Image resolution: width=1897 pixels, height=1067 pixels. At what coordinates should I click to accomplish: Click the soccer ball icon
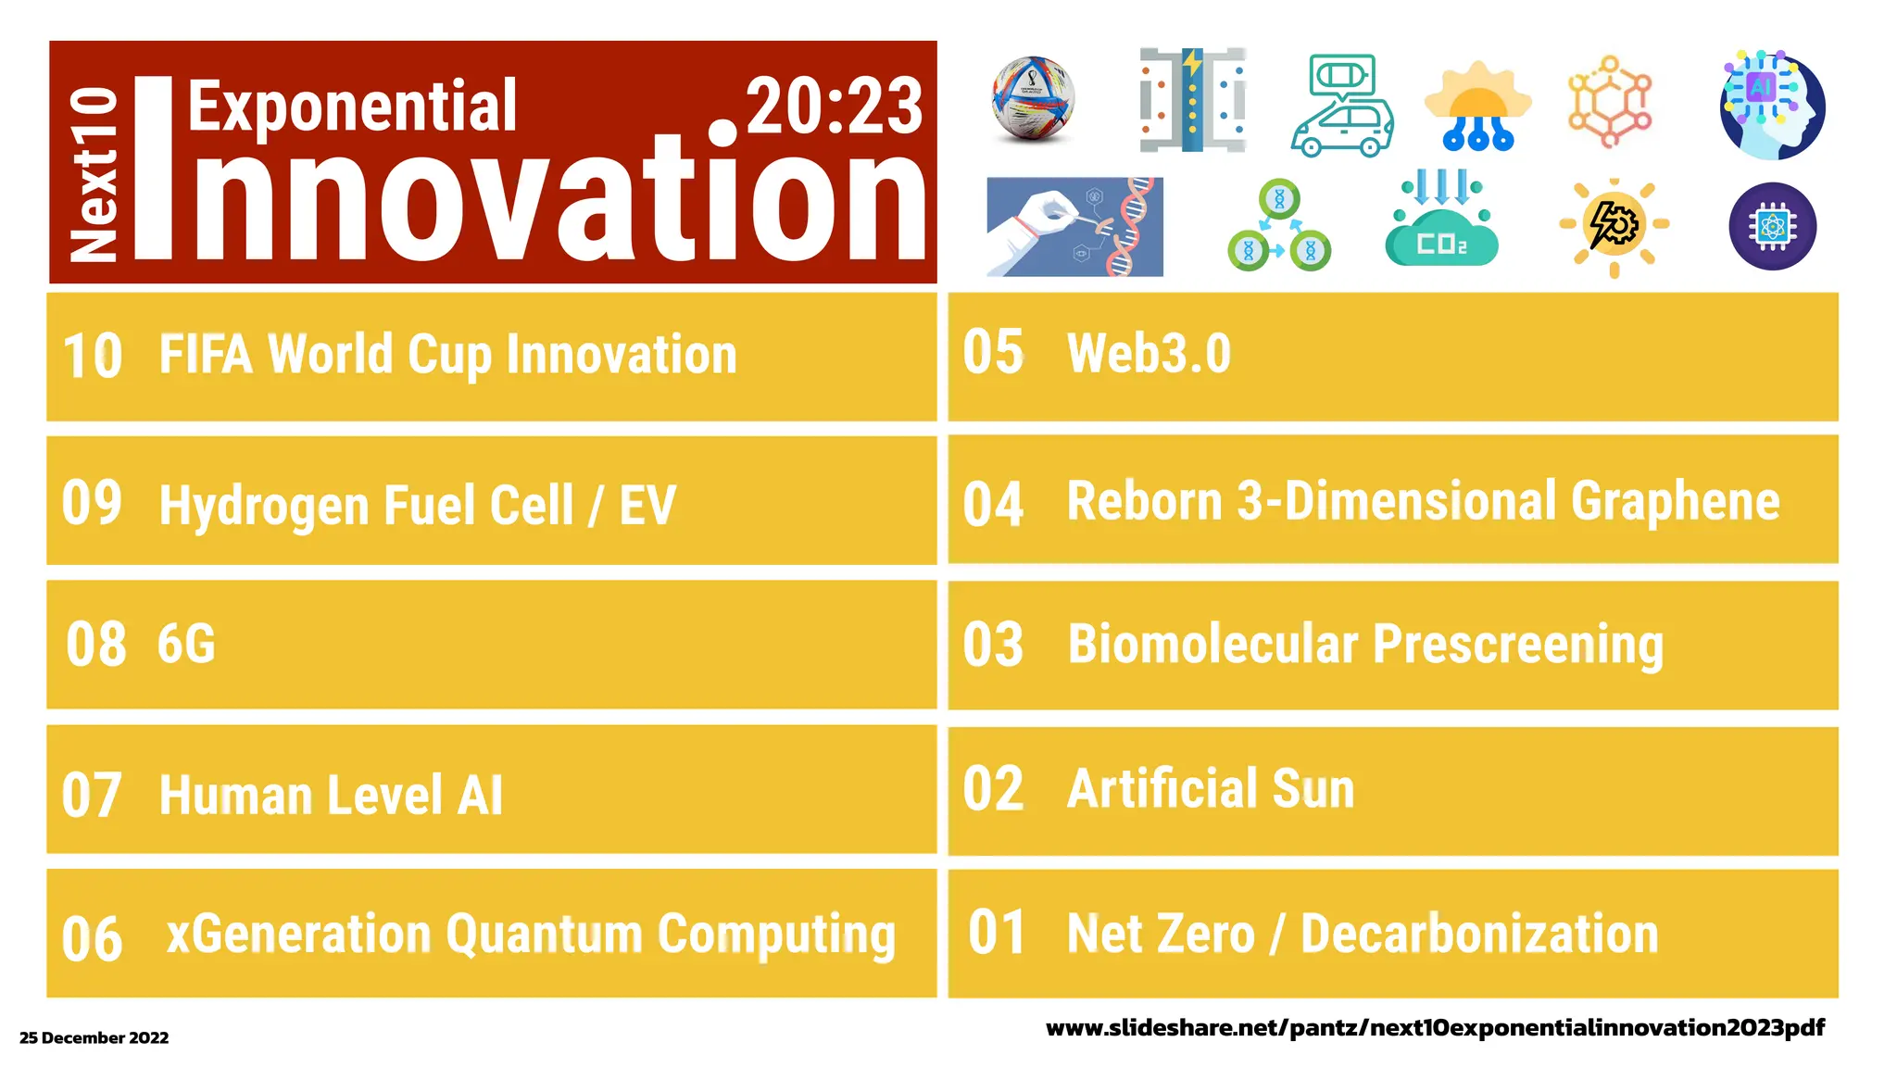click(x=1033, y=100)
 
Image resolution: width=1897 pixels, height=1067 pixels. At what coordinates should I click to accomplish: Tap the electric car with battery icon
click(x=1341, y=107)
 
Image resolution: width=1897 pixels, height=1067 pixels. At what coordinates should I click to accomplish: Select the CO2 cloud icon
click(x=1440, y=222)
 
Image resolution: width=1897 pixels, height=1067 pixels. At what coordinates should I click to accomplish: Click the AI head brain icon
click(x=1772, y=106)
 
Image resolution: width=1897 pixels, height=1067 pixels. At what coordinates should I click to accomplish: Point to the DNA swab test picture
click(x=1074, y=227)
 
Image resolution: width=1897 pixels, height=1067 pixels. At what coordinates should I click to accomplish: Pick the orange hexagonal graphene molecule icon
click(x=1610, y=102)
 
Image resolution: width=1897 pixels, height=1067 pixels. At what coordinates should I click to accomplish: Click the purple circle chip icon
click(x=1772, y=226)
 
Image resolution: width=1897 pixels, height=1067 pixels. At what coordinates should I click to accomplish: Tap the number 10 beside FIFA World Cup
click(x=92, y=357)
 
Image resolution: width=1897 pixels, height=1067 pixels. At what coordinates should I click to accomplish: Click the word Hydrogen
click(x=264, y=507)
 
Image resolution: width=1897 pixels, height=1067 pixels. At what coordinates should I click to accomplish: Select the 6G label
click(x=186, y=644)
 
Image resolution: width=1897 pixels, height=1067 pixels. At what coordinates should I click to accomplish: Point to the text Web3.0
click(x=1149, y=354)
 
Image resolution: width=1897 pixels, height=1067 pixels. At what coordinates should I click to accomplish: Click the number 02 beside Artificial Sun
click(x=993, y=790)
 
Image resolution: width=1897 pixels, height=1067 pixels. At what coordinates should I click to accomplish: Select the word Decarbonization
click(x=1478, y=934)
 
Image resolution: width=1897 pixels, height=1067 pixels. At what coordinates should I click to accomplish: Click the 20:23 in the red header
click(x=834, y=107)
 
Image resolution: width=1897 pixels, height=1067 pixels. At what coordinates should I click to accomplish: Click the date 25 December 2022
click(x=94, y=1037)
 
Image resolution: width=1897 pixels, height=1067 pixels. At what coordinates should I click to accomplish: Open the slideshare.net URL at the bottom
click(x=1434, y=1027)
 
